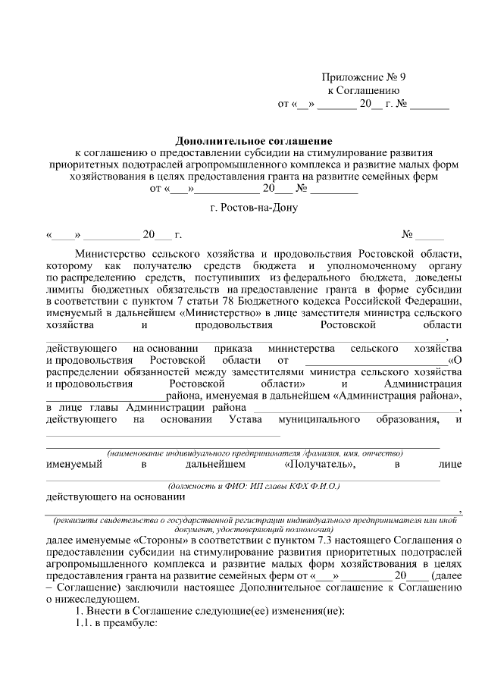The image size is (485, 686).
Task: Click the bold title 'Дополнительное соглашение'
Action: [254, 141]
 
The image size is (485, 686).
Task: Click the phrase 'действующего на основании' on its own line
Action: [114, 497]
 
